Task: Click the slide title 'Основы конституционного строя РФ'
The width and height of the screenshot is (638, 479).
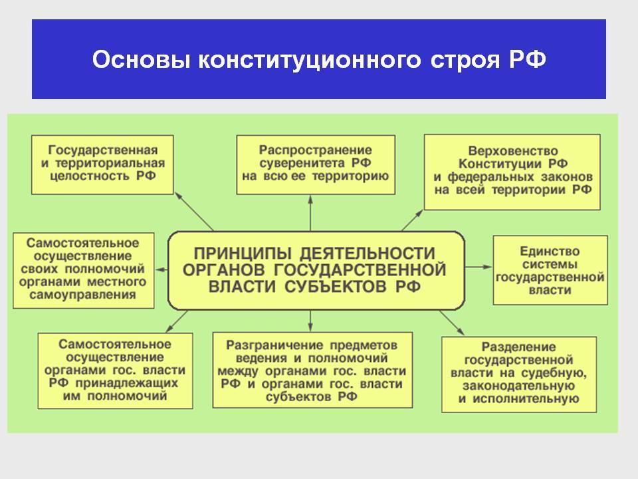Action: click(x=319, y=60)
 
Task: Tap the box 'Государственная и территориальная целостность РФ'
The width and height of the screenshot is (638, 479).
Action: click(x=103, y=164)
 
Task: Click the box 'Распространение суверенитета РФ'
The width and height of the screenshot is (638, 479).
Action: click(x=316, y=164)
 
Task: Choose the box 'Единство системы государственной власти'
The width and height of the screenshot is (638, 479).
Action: click(x=550, y=270)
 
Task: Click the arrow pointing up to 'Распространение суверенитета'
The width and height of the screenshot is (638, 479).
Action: click(x=310, y=213)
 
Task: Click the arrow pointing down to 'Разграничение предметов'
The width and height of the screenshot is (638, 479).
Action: click(x=310, y=321)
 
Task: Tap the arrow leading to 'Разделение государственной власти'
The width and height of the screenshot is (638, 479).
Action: click(x=451, y=322)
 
